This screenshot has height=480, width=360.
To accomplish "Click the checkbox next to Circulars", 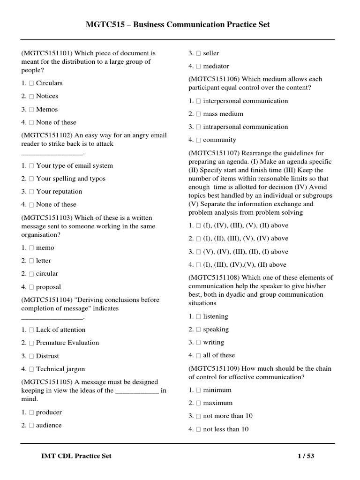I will [x=31, y=83].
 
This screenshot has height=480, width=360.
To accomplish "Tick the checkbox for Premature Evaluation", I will [x=31, y=343].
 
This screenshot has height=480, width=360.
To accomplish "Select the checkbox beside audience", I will [x=31, y=426].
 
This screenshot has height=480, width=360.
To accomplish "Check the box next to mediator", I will [x=198, y=67].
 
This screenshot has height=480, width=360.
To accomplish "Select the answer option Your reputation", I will [x=59, y=192].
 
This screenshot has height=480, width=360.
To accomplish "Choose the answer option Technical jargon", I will [x=60, y=369].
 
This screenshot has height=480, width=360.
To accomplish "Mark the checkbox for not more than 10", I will [x=198, y=416].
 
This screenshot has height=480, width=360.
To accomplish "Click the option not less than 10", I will [x=226, y=429].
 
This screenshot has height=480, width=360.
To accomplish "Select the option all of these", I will [x=219, y=355].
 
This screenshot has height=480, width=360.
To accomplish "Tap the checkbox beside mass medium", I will [x=198, y=114].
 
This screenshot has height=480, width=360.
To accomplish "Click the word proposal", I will [x=48, y=287].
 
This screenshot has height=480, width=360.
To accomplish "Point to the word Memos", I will [x=47, y=110].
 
